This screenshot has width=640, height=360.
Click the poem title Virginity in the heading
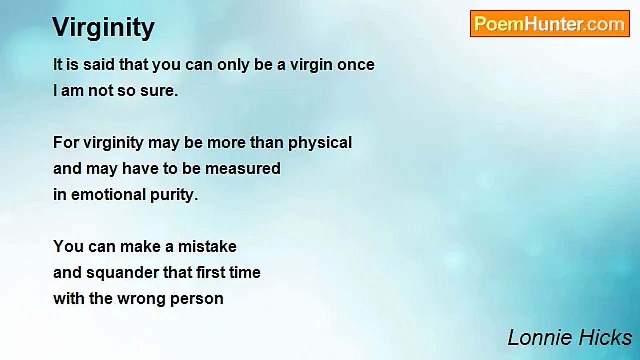103,28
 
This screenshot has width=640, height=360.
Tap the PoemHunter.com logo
550,24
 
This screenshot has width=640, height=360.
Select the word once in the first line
355,65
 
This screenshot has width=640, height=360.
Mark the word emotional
106,195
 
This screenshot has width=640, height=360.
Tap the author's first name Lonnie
536,338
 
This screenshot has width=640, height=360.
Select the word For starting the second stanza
66,143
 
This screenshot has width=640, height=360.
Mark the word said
96,65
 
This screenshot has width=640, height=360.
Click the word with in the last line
69,299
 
